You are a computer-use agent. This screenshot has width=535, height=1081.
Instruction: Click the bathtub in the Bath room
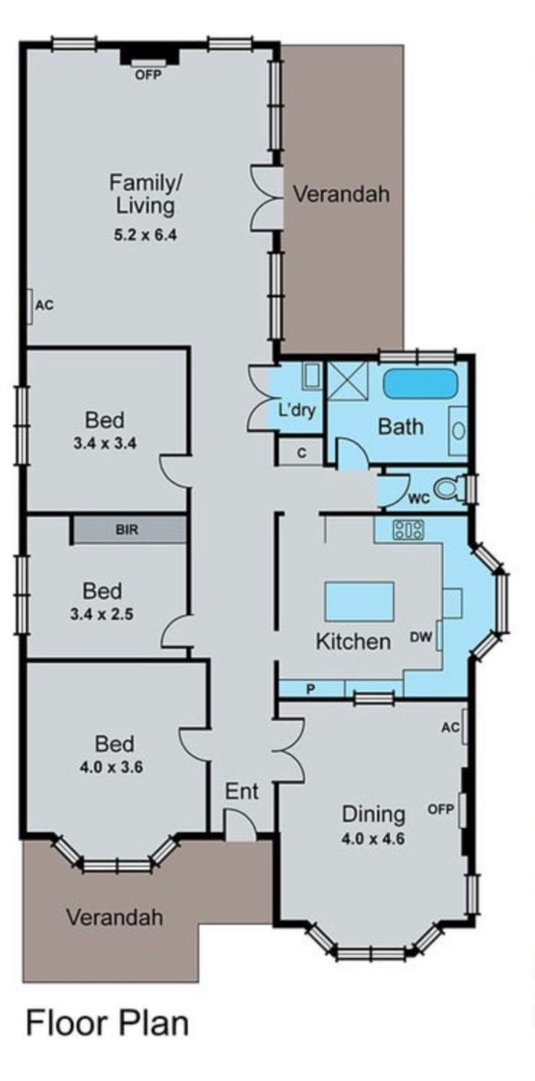click(419, 383)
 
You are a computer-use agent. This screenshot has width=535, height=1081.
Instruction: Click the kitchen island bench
click(359, 601)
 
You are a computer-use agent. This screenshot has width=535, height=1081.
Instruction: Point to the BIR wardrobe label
click(127, 529)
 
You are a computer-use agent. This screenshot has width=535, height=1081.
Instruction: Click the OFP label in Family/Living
click(148, 75)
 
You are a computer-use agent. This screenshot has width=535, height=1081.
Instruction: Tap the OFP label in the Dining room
click(441, 809)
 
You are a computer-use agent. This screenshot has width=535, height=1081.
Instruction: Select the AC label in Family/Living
click(44, 305)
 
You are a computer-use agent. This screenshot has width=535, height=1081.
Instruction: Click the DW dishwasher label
click(421, 637)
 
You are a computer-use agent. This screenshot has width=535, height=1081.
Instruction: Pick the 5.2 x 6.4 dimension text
click(146, 234)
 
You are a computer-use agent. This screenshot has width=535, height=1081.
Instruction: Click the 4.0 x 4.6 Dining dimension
click(373, 838)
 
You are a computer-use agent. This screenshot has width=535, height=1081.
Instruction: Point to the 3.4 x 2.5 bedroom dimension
click(102, 614)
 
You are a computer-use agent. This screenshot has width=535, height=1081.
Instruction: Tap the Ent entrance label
click(242, 791)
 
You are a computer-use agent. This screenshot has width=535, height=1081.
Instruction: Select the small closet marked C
click(301, 452)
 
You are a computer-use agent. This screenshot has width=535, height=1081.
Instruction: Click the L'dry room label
click(297, 410)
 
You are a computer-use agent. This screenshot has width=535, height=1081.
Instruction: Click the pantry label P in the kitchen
click(311, 689)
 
